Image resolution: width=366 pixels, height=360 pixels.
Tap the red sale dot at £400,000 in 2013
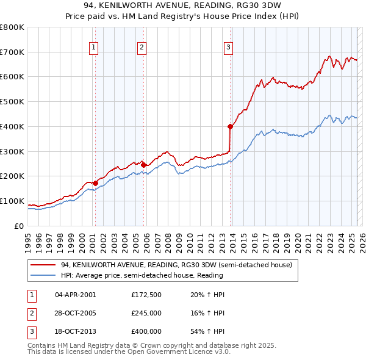231,127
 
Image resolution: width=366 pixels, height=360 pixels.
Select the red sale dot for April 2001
96,182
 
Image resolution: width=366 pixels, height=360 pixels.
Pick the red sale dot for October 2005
144,165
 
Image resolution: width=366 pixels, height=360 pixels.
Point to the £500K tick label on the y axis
12,102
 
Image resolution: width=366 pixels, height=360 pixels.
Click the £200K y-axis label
12,176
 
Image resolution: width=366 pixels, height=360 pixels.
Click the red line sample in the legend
43,265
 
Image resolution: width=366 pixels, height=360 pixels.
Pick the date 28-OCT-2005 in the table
75,313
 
